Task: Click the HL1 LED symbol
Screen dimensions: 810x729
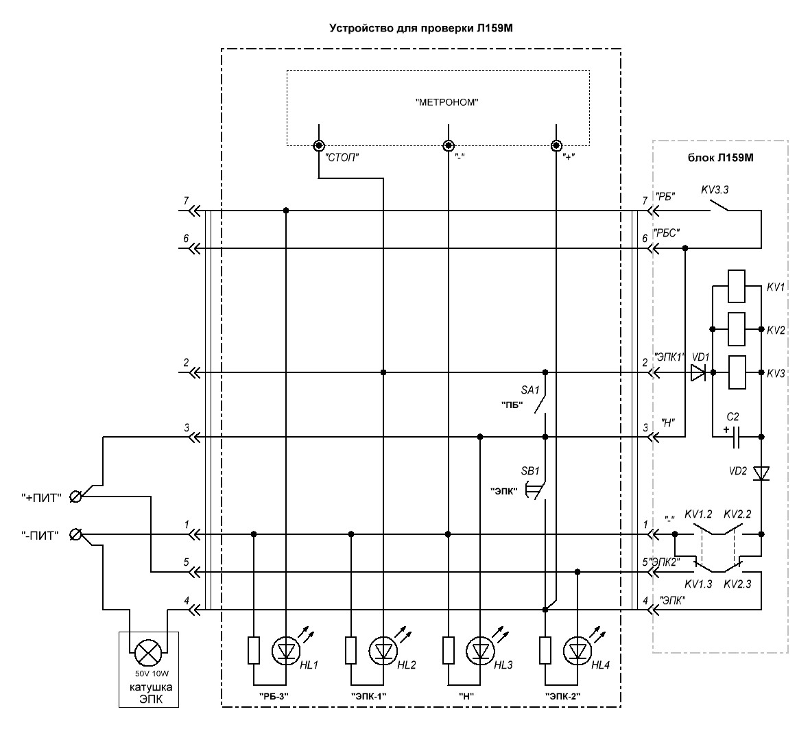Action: point(286,650)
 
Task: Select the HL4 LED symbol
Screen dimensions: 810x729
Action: point(577,650)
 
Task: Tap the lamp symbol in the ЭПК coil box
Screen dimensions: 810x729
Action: point(147,653)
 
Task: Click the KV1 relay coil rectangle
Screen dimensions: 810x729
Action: point(736,286)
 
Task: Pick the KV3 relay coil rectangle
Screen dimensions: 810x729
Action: point(736,372)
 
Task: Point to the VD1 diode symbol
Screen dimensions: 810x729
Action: point(698,372)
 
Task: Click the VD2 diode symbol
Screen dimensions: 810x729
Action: point(761,473)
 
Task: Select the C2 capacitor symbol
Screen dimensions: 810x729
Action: point(737,437)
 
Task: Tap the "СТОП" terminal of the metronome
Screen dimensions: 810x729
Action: point(319,145)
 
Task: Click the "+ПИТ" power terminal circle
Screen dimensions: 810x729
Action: point(75,497)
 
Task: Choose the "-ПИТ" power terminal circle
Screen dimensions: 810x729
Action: point(75,534)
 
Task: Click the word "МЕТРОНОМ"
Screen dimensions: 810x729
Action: point(447,102)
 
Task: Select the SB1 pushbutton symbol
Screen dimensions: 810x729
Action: point(536,490)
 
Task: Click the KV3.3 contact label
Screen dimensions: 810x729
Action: point(715,189)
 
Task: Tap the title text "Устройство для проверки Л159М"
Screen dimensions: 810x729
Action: point(421,28)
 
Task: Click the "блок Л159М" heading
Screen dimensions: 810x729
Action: point(720,158)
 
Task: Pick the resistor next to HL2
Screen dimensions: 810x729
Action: point(350,650)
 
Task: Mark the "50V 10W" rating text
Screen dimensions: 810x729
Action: point(152,673)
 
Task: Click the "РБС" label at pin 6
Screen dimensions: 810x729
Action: point(667,233)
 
